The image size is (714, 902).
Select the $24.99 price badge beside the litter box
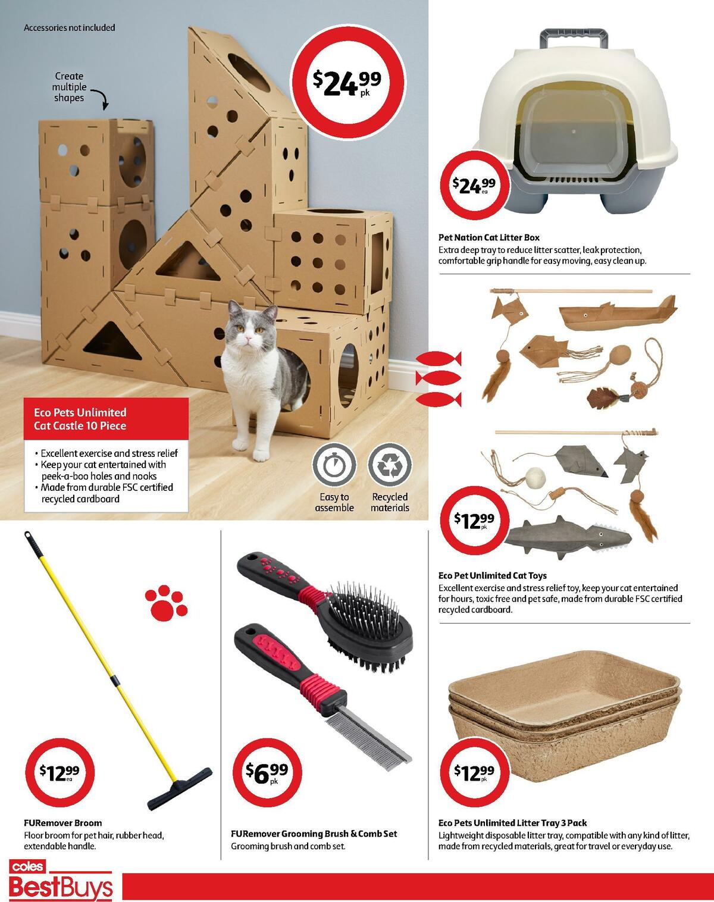coord(472,186)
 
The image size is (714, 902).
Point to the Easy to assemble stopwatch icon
coord(334,464)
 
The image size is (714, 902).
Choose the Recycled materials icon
coord(390,464)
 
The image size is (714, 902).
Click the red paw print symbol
coord(167,602)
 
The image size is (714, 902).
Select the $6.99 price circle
coord(267,771)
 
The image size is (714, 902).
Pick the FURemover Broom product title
coord(62,823)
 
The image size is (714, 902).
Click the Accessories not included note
coord(69,27)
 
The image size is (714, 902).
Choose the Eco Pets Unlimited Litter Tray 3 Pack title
coord(512,823)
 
